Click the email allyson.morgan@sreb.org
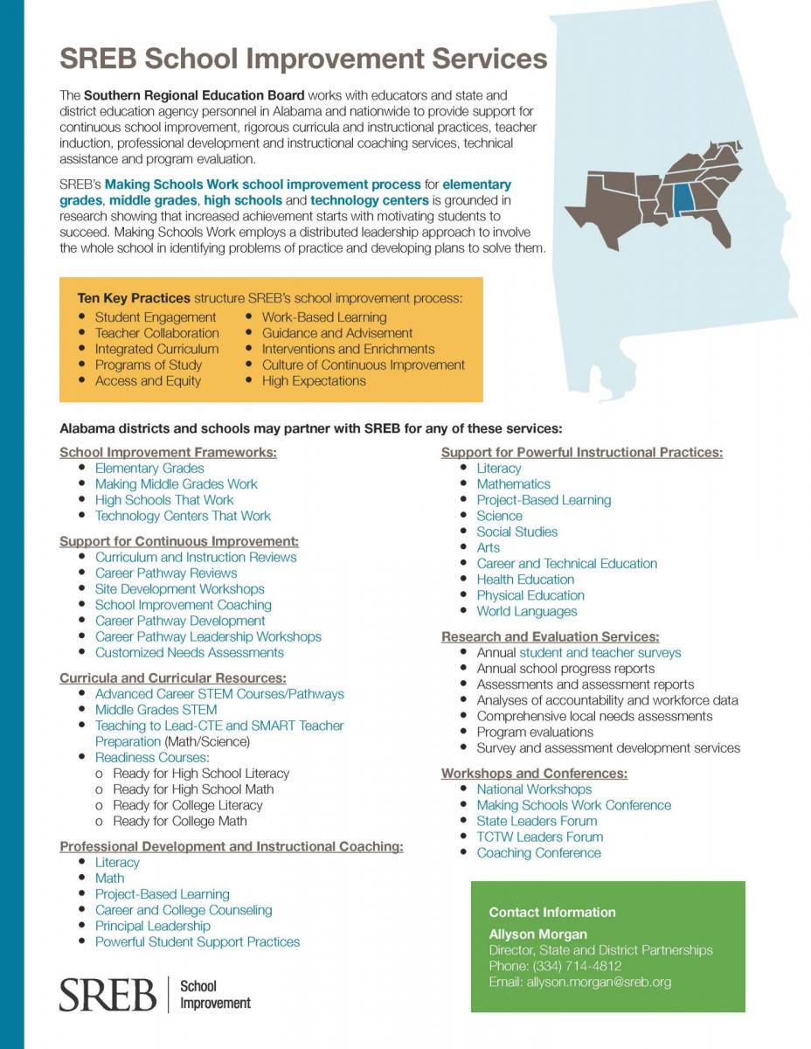[579, 982]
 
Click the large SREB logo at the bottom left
[107, 994]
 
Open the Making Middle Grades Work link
[176, 483]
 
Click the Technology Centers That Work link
[183, 516]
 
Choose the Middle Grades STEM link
[156, 710]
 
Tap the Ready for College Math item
[180, 821]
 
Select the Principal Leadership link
[152, 926]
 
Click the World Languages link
[526, 611]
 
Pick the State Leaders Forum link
[537, 821]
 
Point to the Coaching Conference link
[538, 852]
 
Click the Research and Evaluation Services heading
[550, 636]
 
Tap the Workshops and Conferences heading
[534, 774]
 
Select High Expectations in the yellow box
[314, 380]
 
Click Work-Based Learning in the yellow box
[323, 316]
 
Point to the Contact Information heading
[551, 912]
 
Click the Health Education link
[525, 580]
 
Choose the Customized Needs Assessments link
[189, 652]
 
